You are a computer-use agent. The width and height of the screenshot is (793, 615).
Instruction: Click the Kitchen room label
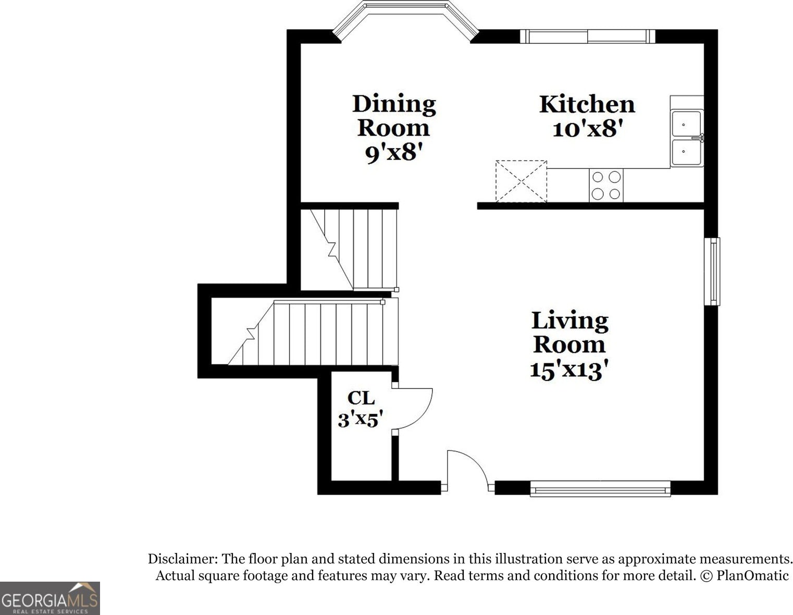tap(587, 105)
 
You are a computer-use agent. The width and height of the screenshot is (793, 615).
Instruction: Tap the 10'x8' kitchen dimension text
tap(587, 129)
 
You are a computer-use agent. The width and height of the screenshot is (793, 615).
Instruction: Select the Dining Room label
tap(394, 116)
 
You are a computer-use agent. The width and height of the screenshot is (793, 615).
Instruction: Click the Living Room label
tap(569, 333)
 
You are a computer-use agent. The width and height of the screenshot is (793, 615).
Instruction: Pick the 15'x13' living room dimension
tap(569, 370)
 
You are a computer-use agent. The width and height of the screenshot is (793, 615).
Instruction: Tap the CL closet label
tap(361, 398)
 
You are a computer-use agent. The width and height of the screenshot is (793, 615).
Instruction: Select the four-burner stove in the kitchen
tap(606, 186)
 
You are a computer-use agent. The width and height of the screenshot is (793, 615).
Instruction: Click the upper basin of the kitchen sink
tap(686, 124)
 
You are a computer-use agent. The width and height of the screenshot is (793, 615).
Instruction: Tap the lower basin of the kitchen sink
tap(686, 152)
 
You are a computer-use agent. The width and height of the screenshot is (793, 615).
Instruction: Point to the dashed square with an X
tap(521, 181)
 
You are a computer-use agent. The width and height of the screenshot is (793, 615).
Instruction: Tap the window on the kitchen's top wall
tap(588, 36)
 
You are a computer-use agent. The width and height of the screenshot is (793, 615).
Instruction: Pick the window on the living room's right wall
tap(712, 272)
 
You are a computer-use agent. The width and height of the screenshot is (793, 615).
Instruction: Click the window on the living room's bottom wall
tap(600, 488)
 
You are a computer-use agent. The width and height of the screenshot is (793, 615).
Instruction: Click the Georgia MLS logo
tap(49, 598)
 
